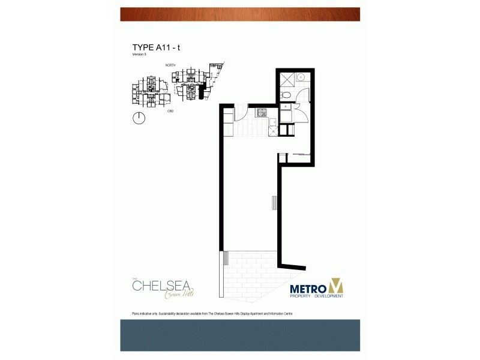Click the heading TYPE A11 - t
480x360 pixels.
156,47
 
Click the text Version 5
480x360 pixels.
139,55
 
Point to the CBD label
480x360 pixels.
170,111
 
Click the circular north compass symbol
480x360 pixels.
139,118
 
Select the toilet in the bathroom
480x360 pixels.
287,96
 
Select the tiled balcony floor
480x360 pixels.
249,269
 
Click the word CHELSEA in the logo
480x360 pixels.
158,286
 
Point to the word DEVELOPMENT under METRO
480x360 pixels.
327,296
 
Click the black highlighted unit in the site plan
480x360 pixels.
202,90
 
